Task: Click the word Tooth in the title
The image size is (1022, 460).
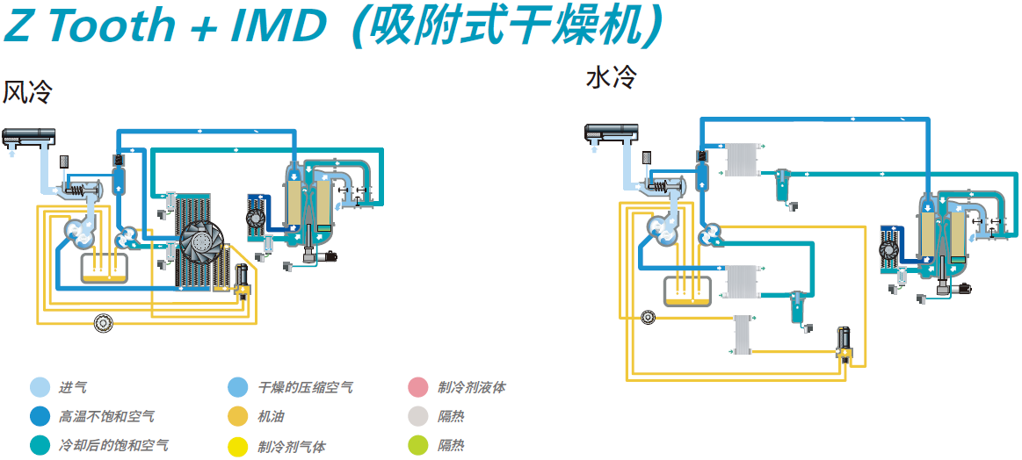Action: coord(122,25)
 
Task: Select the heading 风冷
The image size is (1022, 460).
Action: coord(26,92)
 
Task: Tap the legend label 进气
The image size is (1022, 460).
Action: coord(72,388)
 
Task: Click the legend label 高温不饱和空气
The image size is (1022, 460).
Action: coord(107,416)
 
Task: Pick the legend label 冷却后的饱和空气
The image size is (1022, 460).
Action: coord(113,446)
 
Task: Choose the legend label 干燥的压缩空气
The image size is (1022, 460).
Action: coord(306,388)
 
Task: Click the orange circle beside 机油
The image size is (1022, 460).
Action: coord(237,416)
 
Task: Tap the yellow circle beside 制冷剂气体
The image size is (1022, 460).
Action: coord(237,446)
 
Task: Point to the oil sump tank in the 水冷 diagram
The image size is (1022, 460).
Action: coord(687,290)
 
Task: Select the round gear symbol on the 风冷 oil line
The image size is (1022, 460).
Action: coord(103,323)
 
